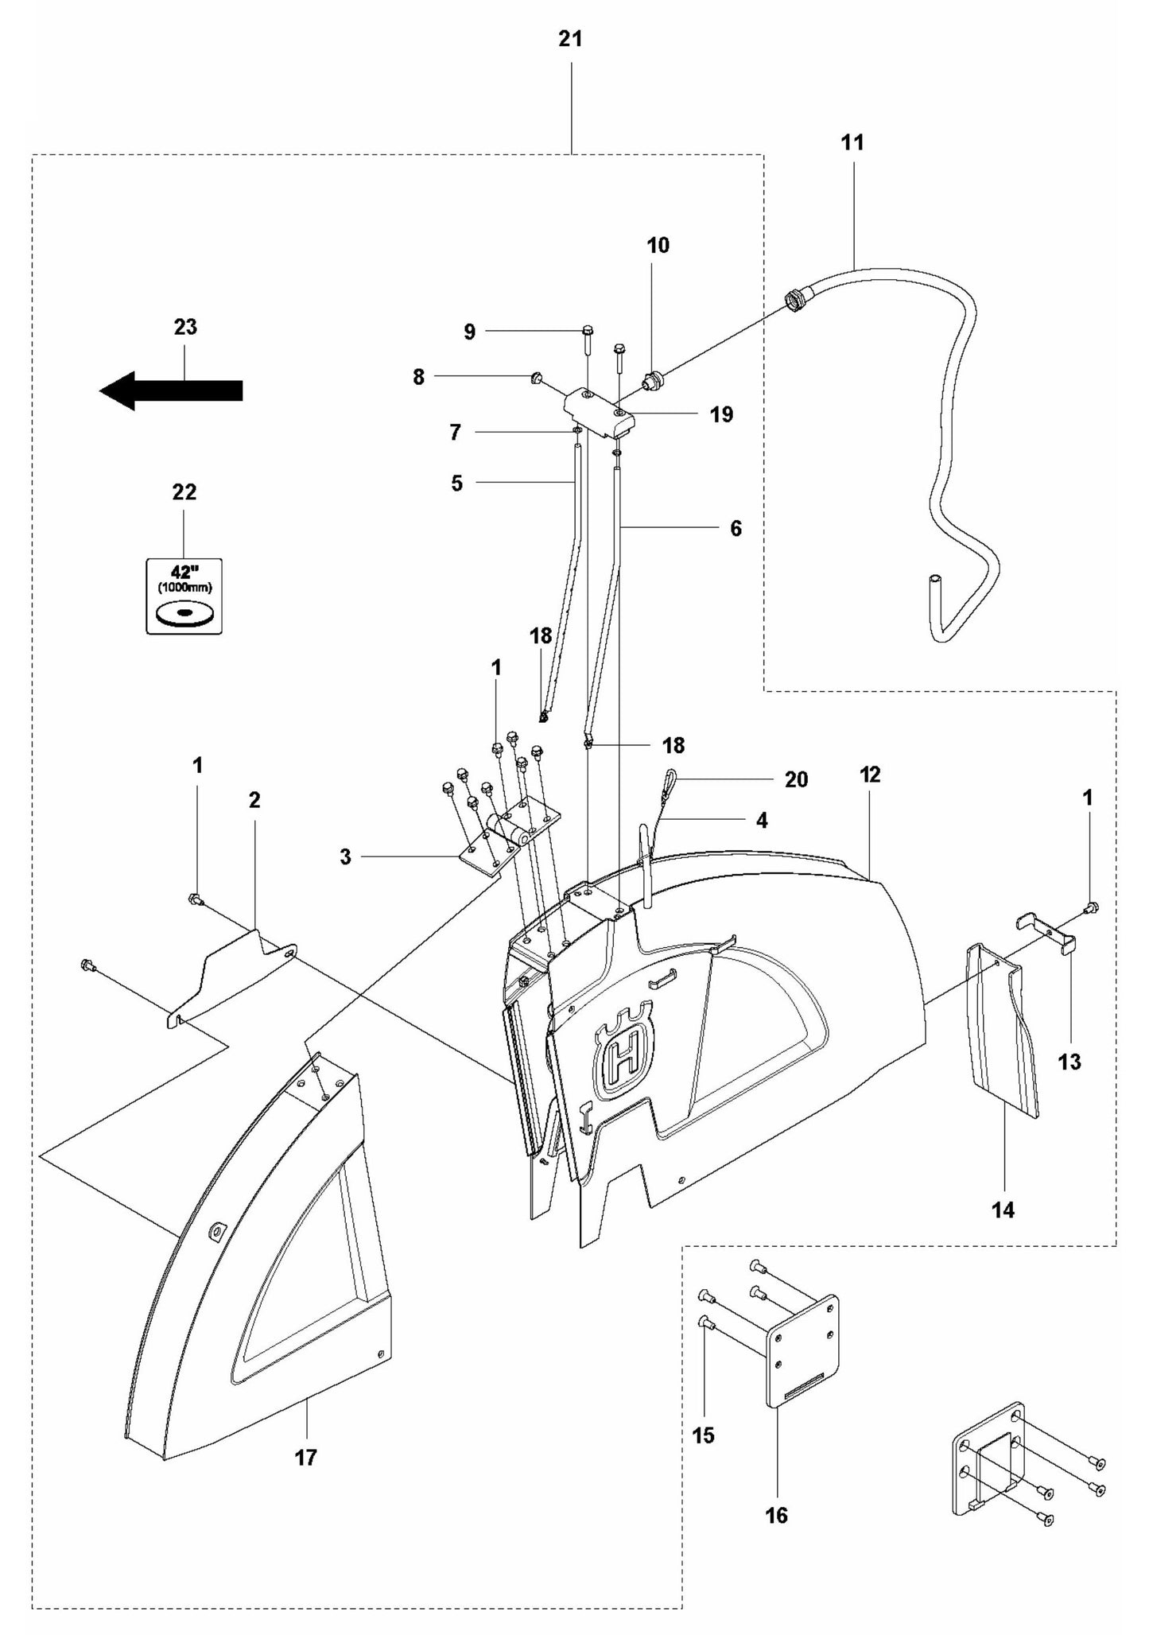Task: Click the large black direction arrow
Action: click(x=171, y=390)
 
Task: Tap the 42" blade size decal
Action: click(x=184, y=596)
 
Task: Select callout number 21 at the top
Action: click(x=570, y=38)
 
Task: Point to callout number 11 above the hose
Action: click(x=852, y=142)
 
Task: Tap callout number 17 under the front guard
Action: click(x=306, y=1458)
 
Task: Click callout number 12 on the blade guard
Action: click(x=870, y=775)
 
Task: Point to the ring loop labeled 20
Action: click(x=670, y=777)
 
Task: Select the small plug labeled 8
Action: click(x=536, y=377)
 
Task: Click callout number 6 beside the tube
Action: click(x=736, y=528)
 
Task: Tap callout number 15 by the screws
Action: click(x=704, y=1435)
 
